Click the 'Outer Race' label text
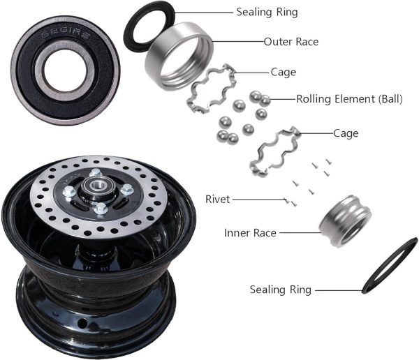coord(291,42)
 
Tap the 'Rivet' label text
coord(217,200)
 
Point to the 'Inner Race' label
coord(250,232)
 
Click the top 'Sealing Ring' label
coord(266,13)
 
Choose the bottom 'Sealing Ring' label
coord(281,289)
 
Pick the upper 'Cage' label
coord(283,72)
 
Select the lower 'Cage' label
coord(347,133)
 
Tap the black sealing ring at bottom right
coord(390,266)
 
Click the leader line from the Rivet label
coord(259,200)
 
